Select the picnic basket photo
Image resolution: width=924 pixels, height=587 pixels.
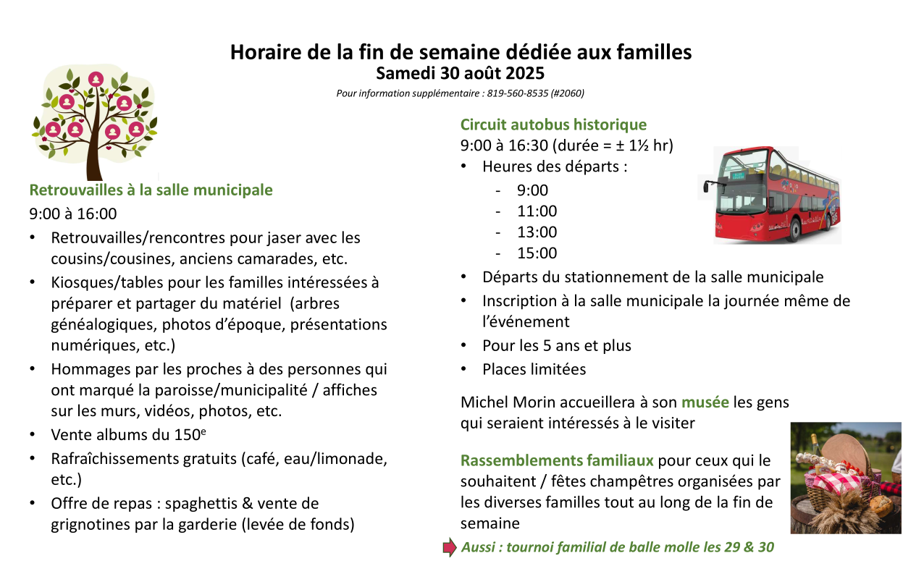point(845,478)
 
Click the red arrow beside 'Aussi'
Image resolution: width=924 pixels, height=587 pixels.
point(450,547)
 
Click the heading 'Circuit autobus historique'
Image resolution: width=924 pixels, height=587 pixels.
point(553,124)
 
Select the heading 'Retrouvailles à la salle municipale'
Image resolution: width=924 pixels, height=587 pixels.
point(151,190)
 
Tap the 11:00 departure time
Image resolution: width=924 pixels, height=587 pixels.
point(537,211)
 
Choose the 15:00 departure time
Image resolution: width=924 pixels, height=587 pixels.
point(537,253)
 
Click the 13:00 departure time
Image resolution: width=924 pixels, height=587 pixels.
point(537,232)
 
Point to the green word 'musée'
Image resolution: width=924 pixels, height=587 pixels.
point(704,402)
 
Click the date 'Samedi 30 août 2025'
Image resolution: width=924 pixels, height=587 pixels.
point(461,74)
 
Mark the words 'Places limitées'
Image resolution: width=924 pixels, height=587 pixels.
point(534,369)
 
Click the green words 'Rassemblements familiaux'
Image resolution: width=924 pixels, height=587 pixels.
point(557,460)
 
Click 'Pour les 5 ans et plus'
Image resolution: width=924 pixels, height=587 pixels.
point(556,346)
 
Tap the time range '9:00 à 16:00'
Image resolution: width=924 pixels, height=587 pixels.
point(72,214)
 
